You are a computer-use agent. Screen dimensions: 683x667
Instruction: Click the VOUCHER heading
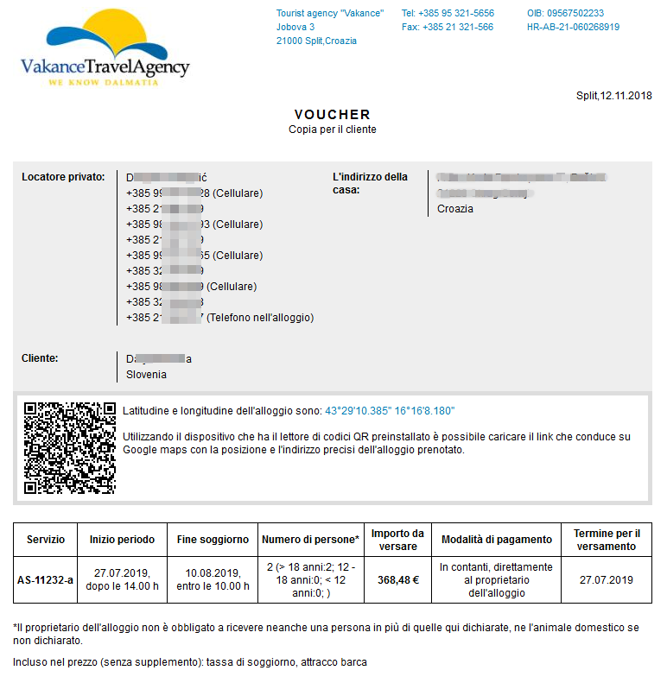[x=332, y=114]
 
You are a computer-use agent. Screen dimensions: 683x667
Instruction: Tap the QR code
[x=69, y=447]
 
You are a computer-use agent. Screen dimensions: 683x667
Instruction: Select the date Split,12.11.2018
[x=613, y=96]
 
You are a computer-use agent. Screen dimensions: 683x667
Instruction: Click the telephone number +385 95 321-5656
[x=448, y=14]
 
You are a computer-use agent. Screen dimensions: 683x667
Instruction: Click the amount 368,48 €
[x=397, y=580]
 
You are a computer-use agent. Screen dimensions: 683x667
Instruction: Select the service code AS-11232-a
[x=46, y=580]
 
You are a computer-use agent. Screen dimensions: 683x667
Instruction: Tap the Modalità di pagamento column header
[x=496, y=540]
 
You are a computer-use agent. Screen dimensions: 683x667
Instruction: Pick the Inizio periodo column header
[x=122, y=540]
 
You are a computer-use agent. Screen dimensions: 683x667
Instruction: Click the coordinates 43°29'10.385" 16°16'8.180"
[x=389, y=411]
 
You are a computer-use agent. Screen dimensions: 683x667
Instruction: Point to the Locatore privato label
[x=62, y=177]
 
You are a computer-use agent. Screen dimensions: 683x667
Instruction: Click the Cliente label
[x=40, y=357]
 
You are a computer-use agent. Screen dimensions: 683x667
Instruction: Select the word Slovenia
[x=146, y=375]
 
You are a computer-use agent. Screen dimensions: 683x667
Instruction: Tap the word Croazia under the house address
[x=455, y=209]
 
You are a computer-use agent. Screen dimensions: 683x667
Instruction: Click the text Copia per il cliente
[x=332, y=130]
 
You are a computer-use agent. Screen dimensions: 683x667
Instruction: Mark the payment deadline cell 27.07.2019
[x=607, y=580]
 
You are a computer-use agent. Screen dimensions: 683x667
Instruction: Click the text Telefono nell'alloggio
[x=259, y=318]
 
